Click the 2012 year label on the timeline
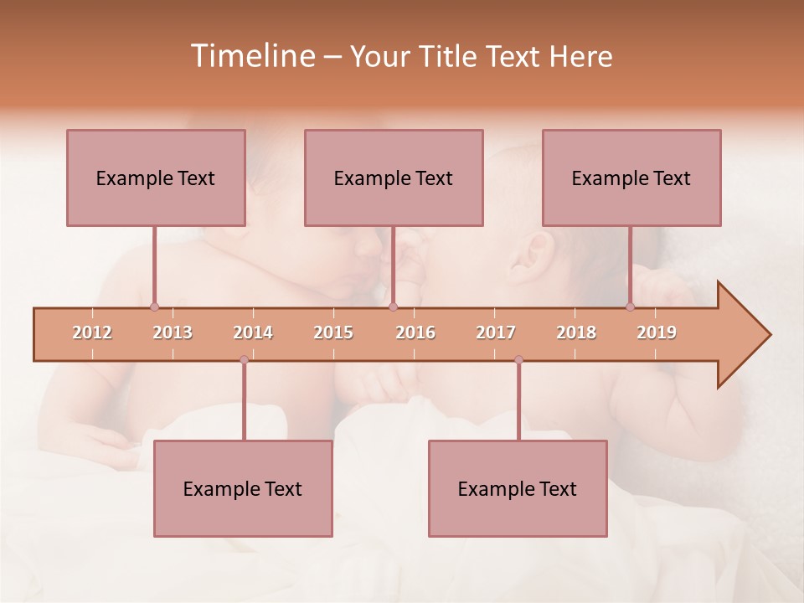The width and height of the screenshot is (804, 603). tap(92, 333)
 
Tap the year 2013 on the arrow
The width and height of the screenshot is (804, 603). tap(173, 333)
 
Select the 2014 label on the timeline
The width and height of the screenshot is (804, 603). tap(253, 333)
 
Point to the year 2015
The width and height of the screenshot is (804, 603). tap(333, 333)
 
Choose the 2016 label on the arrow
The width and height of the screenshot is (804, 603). tap(415, 333)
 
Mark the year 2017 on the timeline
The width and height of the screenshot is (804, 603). tap(496, 333)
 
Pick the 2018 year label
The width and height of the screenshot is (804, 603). tap(576, 333)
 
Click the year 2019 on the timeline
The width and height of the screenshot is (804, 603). tap(657, 333)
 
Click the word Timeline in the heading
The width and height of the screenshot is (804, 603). tap(251, 56)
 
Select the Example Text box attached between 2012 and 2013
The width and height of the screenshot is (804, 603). tap(156, 178)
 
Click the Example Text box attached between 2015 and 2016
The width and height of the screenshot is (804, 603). tap(394, 178)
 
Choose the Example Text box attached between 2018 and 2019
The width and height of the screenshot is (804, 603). tap(631, 178)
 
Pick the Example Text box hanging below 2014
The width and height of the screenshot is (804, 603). tap(243, 488)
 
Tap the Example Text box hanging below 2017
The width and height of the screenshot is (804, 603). tap(518, 488)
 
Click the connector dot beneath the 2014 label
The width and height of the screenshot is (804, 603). tap(244, 359)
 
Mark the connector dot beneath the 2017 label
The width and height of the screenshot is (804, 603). tap(518, 359)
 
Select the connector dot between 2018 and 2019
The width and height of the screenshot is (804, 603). tap(631, 307)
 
